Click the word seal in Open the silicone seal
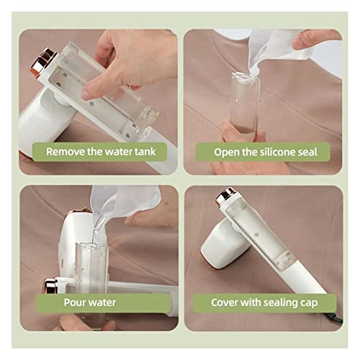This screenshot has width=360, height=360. pos(312,152)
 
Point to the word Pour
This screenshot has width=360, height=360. pos(76,302)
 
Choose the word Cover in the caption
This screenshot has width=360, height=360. pos(225,302)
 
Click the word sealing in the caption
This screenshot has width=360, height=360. pos(284,302)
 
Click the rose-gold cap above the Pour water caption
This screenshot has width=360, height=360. pos(52,285)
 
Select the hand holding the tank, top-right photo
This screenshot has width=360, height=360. pos(238,133)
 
